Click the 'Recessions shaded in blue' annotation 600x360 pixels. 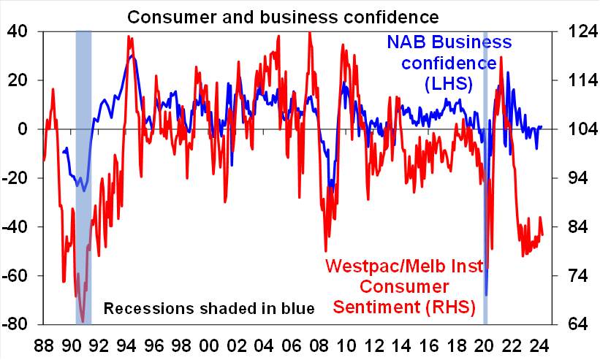click(209, 308)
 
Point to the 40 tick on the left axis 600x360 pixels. click(18, 31)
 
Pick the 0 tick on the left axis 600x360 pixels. click(23, 129)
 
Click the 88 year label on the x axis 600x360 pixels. click(44, 344)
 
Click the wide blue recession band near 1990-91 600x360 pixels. click(83, 175)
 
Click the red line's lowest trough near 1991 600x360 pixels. click(83, 321)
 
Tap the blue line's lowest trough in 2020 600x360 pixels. click(486, 294)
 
